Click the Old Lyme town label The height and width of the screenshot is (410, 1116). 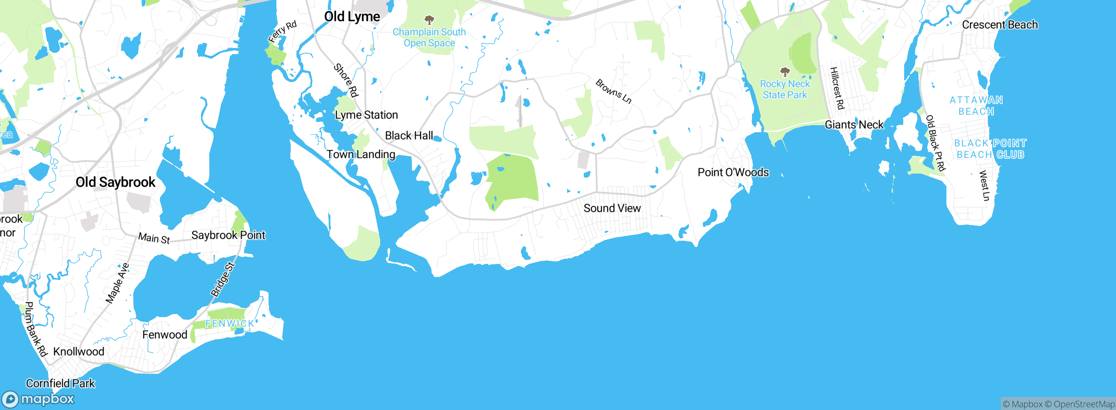click(352, 17)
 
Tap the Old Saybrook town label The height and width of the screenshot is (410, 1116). click(115, 182)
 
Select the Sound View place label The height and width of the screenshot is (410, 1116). click(612, 208)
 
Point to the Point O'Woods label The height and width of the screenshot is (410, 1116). click(733, 172)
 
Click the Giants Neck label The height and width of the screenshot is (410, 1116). click(854, 125)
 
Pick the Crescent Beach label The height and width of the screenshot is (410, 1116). click(1000, 25)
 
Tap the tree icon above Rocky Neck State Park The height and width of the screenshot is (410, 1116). click(785, 72)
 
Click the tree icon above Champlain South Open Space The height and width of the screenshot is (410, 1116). click(429, 20)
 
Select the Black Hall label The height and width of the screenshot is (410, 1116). click(409, 136)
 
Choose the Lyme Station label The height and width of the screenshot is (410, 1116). click(366, 115)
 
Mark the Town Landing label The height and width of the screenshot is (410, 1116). click(361, 154)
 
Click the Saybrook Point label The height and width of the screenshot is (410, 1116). click(228, 235)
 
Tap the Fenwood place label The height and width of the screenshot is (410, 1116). click(165, 335)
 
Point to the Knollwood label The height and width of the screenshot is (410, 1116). click(78, 352)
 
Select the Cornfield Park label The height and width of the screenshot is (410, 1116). click(60, 383)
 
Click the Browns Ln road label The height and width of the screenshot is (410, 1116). click(613, 91)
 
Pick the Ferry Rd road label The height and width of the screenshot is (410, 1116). click(282, 31)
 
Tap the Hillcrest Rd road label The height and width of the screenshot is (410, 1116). click(837, 88)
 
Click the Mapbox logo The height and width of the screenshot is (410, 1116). click(38, 399)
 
